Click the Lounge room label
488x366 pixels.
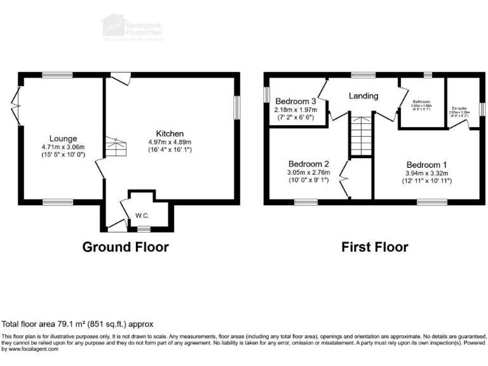click(x=64, y=139)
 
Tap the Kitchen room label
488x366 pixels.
click(x=170, y=133)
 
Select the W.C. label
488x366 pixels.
click(x=142, y=215)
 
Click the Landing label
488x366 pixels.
click(x=363, y=96)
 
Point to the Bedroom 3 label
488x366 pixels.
click(x=295, y=101)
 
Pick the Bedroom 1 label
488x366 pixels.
click(x=427, y=164)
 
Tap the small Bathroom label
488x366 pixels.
click(x=421, y=101)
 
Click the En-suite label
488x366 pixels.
click(x=459, y=108)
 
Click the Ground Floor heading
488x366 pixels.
click(x=125, y=247)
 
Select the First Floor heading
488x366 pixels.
click(x=375, y=247)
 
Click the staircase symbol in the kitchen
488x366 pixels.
click(x=116, y=147)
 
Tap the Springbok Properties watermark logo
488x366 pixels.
click(x=134, y=27)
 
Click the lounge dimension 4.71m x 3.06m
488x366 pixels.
click(x=64, y=147)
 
